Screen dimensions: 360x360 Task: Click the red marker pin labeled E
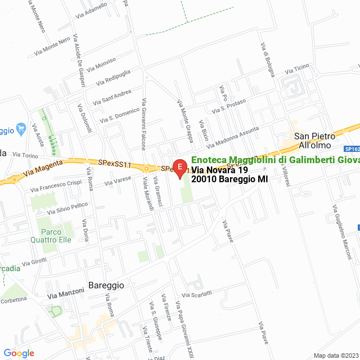[179, 168]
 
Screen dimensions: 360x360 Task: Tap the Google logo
[19, 353]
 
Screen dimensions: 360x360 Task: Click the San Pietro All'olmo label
[315, 141]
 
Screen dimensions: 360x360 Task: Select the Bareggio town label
[106, 285]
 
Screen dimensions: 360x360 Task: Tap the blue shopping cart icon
[21, 128]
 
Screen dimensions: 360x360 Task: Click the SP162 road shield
[352, 149]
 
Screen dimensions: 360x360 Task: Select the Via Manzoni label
[65, 294]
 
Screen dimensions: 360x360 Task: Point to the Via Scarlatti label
[197, 294]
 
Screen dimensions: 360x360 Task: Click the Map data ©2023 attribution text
[335, 355]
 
